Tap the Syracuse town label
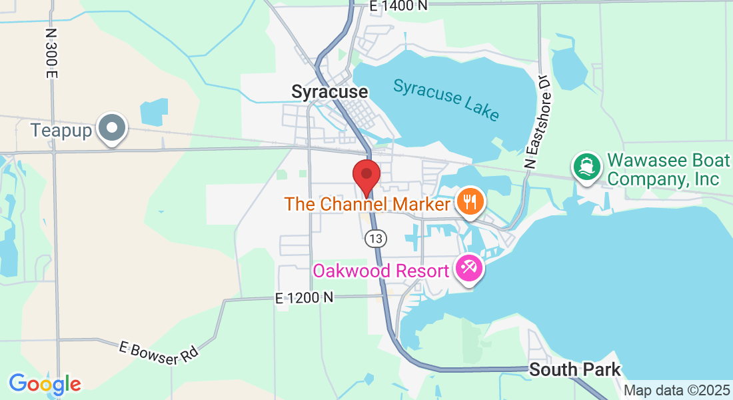tap(329, 92)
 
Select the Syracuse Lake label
tap(446, 99)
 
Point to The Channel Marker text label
tap(367, 204)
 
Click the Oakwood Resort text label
tap(381, 272)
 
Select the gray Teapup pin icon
tap(112, 128)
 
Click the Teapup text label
tap(61, 130)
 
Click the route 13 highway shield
tap(376, 238)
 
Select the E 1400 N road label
tap(398, 6)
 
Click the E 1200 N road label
tap(304, 298)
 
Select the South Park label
tap(574, 369)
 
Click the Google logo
tap(45, 384)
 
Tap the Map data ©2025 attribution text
tap(676, 391)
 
